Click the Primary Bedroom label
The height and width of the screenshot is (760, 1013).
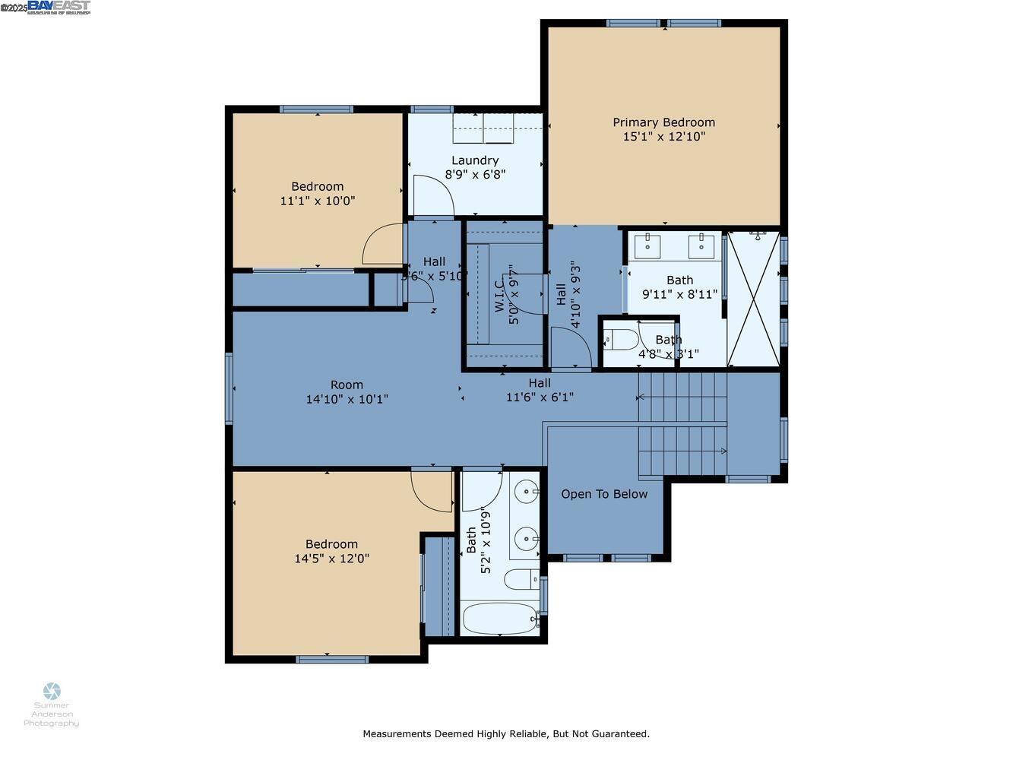(x=663, y=122)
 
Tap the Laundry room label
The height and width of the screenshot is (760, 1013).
(x=475, y=160)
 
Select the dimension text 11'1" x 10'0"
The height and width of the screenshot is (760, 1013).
(x=318, y=201)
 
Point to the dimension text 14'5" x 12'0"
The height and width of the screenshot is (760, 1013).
(x=331, y=559)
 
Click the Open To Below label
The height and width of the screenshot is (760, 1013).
(x=604, y=494)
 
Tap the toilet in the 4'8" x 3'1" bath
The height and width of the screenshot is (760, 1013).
(x=620, y=340)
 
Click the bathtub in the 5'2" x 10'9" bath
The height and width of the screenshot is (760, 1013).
(x=499, y=619)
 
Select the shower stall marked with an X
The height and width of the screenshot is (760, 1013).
(x=754, y=299)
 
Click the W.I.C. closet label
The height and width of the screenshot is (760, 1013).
(x=499, y=295)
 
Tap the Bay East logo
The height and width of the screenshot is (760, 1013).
(x=59, y=8)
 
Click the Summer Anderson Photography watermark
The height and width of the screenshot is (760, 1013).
(x=52, y=706)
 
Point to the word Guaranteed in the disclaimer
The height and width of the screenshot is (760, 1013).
(x=621, y=734)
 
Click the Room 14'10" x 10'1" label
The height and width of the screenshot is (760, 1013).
(x=347, y=391)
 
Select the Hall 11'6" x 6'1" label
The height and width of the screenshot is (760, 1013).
(x=540, y=390)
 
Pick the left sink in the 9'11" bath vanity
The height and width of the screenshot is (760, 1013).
(x=647, y=245)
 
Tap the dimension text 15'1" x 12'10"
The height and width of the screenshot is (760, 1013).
(x=663, y=137)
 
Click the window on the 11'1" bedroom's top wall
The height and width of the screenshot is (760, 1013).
(x=316, y=109)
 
